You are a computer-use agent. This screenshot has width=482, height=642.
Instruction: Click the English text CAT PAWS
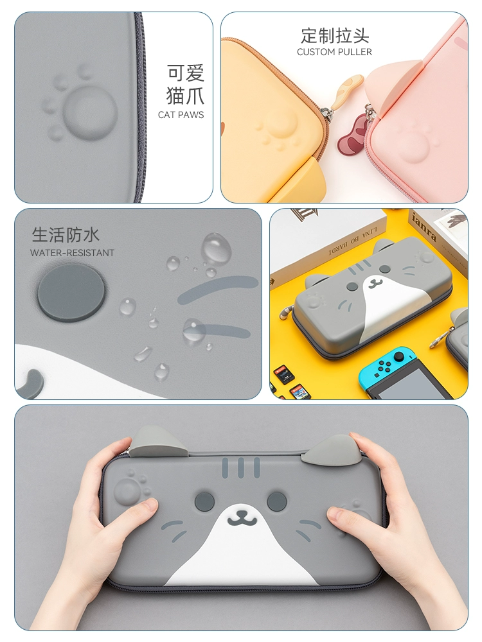coord(181,115)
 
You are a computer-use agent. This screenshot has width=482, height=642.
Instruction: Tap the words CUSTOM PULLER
coord(334,52)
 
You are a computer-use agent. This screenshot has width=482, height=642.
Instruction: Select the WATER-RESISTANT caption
coord(72,252)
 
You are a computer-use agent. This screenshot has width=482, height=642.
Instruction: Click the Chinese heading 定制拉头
coord(334,35)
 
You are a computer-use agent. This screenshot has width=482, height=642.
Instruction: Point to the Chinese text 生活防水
coord(66,234)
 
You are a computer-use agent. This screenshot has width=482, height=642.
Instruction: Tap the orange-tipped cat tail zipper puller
coord(348,88)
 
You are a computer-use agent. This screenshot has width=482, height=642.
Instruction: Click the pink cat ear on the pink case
coord(396,83)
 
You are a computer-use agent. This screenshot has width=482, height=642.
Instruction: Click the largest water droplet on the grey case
coord(215,248)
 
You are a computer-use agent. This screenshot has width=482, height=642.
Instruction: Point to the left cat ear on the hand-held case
coord(159,442)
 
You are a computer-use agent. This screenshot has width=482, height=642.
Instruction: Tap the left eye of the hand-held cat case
coord(204,501)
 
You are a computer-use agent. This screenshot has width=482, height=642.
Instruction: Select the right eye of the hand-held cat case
coord(276,501)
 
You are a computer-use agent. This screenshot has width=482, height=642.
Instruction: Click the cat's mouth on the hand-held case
coord(242,518)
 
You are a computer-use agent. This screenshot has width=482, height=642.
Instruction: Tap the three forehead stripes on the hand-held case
coord(241,467)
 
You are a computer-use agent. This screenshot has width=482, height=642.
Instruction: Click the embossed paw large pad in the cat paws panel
coord(90,111)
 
